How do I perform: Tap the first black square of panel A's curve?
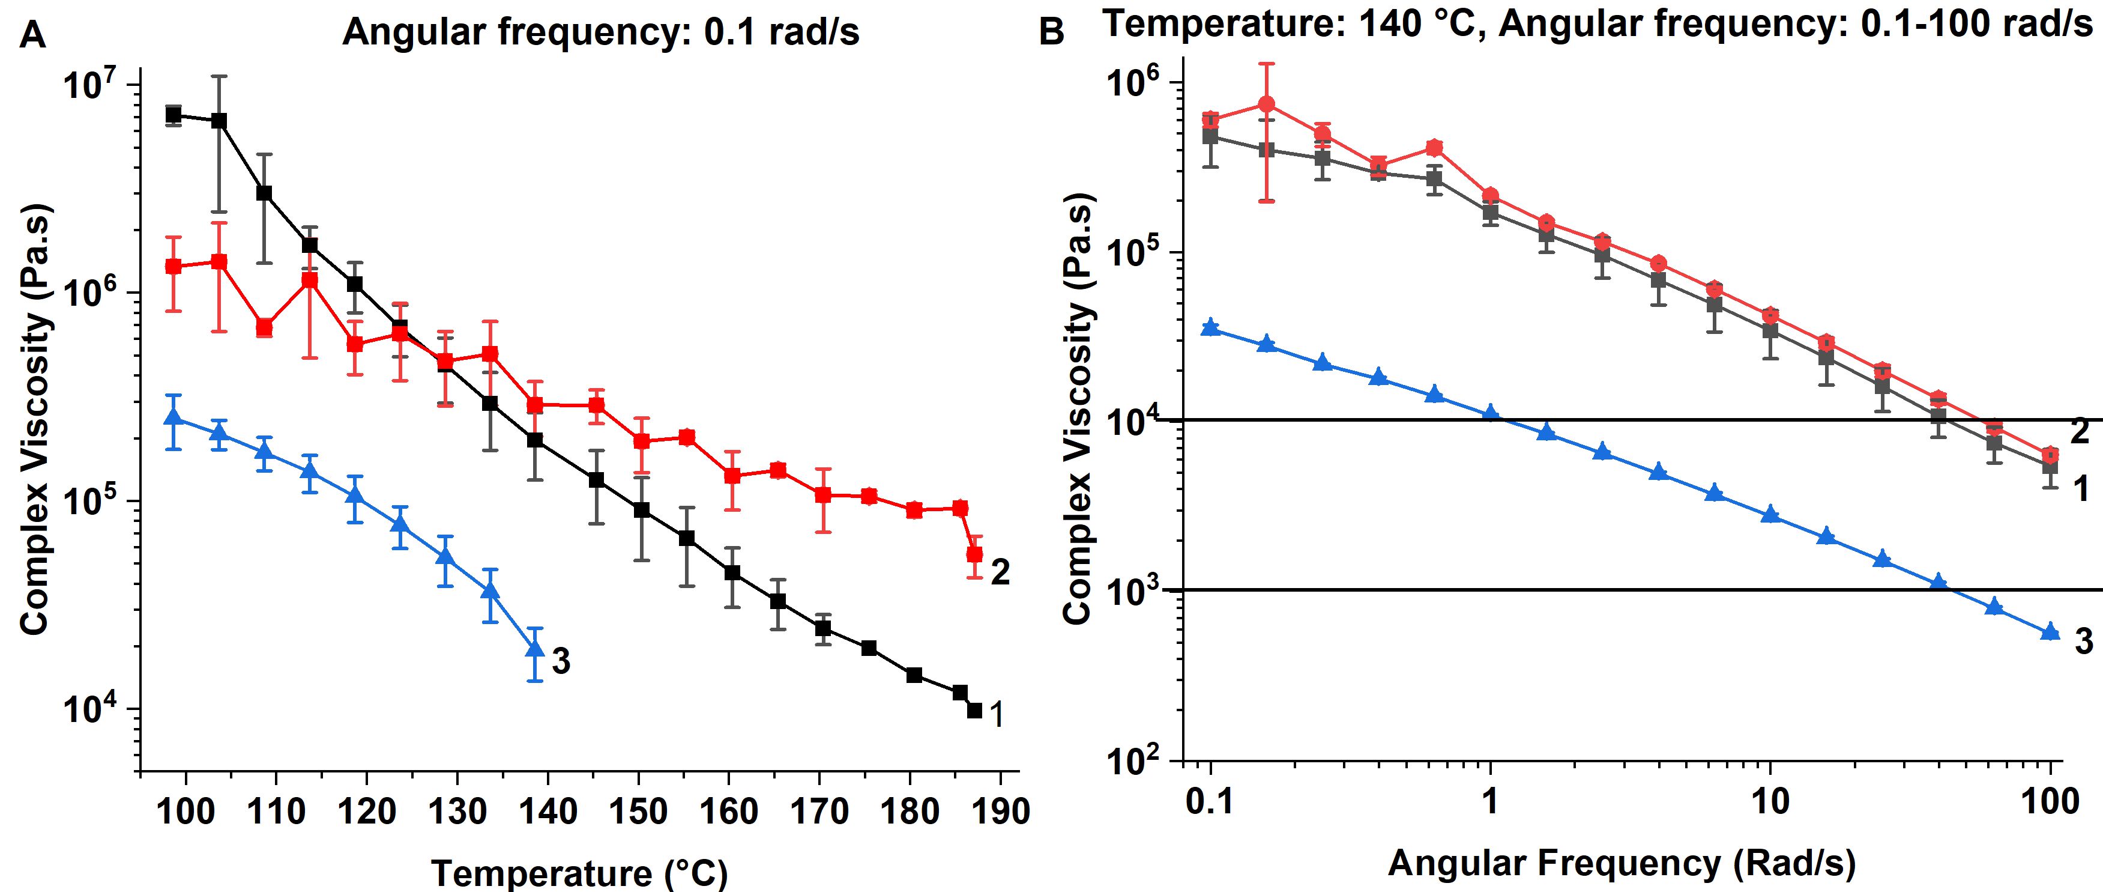[173, 114]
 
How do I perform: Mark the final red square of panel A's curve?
[974, 554]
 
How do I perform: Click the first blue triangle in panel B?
[1211, 327]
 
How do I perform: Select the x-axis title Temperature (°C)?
[579, 874]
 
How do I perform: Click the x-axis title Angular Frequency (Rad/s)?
[1622, 863]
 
